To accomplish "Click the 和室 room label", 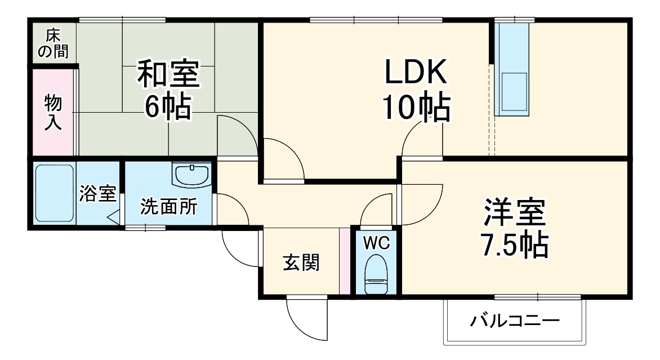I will click(x=168, y=77).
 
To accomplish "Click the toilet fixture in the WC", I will click(x=374, y=274).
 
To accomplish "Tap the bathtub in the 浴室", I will click(x=55, y=193).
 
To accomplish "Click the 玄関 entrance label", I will click(x=301, y=262).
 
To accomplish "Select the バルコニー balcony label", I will click(x=515, y=322).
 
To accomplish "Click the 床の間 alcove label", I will click(x=53, y=43).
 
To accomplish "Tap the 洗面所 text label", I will click(x=168, y=207).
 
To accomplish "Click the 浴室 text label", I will click(x=97, y=193).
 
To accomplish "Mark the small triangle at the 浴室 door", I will click(x=113, y=217).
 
